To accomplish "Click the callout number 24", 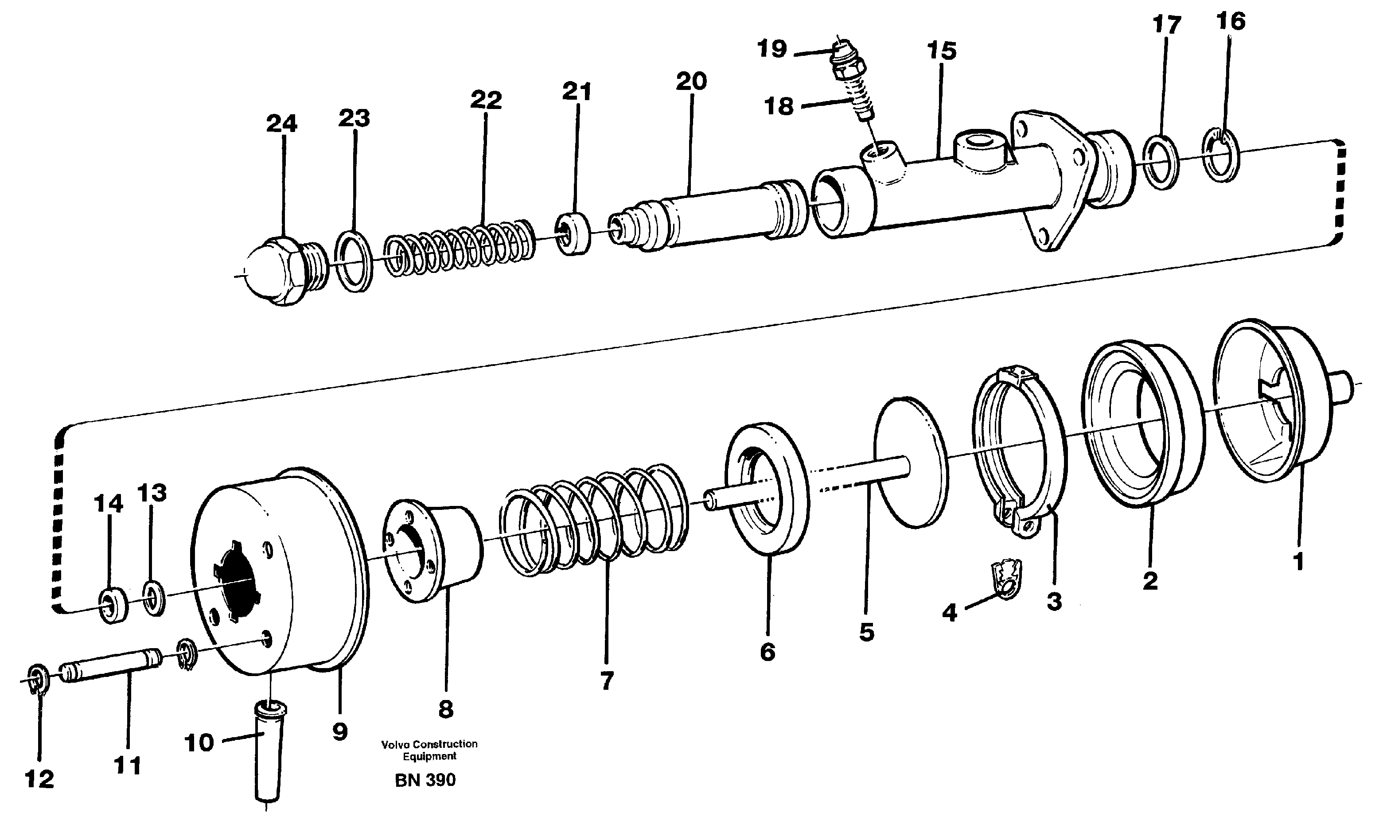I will click(281, 123).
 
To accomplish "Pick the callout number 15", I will click(941, 51).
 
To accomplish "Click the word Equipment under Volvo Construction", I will click(429, 756).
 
